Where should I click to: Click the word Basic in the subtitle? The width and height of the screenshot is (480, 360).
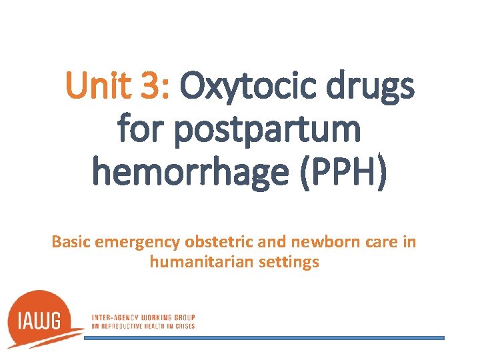pos(71,241)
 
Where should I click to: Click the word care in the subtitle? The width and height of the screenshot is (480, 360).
pos(371,242)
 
